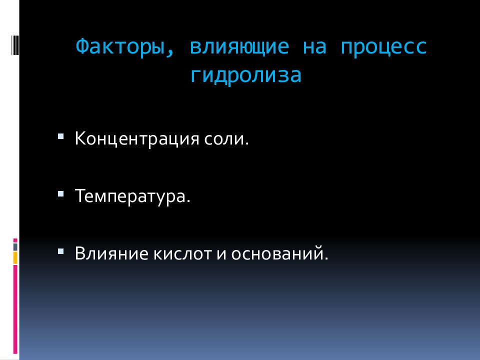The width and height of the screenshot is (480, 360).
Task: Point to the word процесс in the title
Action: pyautogui.click(x=384, y=47)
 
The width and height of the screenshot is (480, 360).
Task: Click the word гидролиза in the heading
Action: pyautogui.click(x=246, y=75)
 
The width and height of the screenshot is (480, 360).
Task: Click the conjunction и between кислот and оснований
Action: pyautogui.click(x=222, y=253)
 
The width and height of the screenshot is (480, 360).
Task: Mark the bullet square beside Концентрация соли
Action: pyautogui.click(x=61, y=135)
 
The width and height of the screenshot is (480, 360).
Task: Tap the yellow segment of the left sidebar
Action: pyautogui.click(x=15, y=258)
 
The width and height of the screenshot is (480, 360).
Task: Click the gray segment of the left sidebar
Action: pyautogui.click(x=15, y=247)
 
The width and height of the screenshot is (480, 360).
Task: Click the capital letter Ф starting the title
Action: pyautogui.click(x=82, y=47)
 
